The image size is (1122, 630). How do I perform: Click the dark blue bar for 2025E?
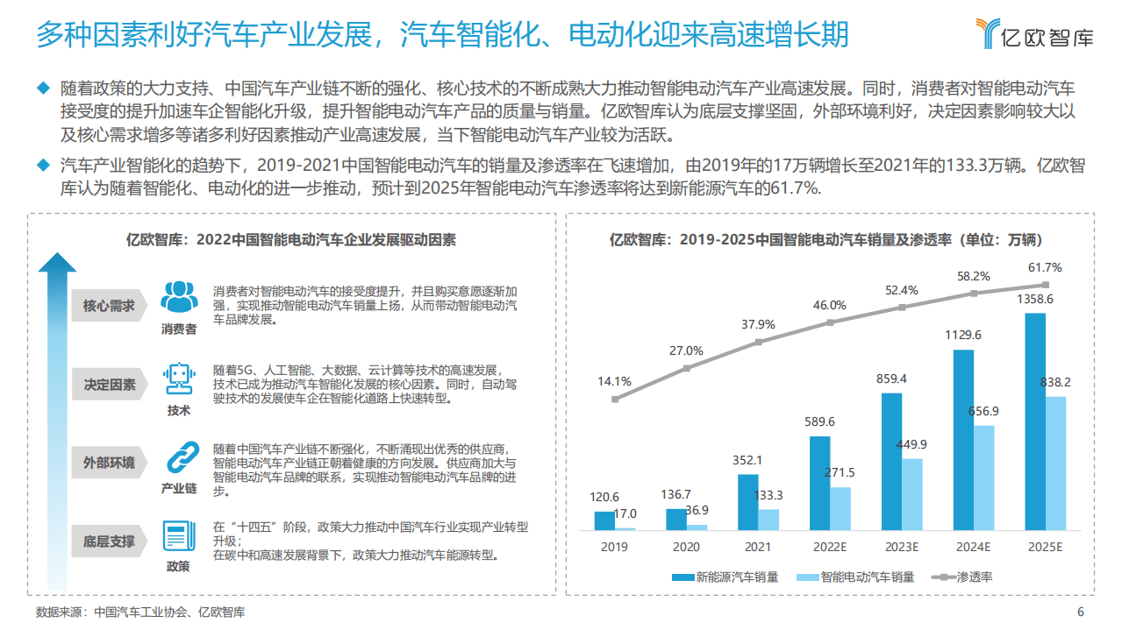tap(1035, 421)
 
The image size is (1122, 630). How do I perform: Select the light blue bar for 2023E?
tap(912, 494)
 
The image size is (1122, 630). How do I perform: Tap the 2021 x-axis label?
tap(758, 547)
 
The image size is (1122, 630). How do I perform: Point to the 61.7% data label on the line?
tap(1045, 268)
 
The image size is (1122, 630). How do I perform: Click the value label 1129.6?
tap(963, 335)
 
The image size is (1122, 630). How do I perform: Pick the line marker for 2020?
tap(687, 368)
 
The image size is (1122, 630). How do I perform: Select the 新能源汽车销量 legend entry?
tap(725, 577)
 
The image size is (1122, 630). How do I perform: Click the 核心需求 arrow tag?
tap(108, 306)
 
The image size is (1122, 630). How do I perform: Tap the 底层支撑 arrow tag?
tap(108, 542)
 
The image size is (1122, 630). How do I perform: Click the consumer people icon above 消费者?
tap(178, 298)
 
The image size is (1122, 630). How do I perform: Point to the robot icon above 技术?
tap(178, 379)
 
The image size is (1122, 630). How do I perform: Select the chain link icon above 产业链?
tap(178, 458)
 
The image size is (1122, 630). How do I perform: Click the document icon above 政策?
tap(178, 536)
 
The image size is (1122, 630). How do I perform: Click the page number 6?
tap(1080, 612)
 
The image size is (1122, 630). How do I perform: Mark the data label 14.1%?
tap(614, 381)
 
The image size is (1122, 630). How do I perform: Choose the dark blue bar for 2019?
tap(604, 520)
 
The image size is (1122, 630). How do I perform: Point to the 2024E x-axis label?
tap(973, 547)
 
